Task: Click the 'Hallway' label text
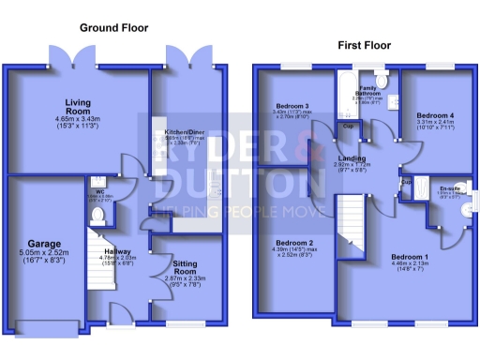117,251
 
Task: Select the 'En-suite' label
451,188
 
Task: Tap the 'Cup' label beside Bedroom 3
347,125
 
